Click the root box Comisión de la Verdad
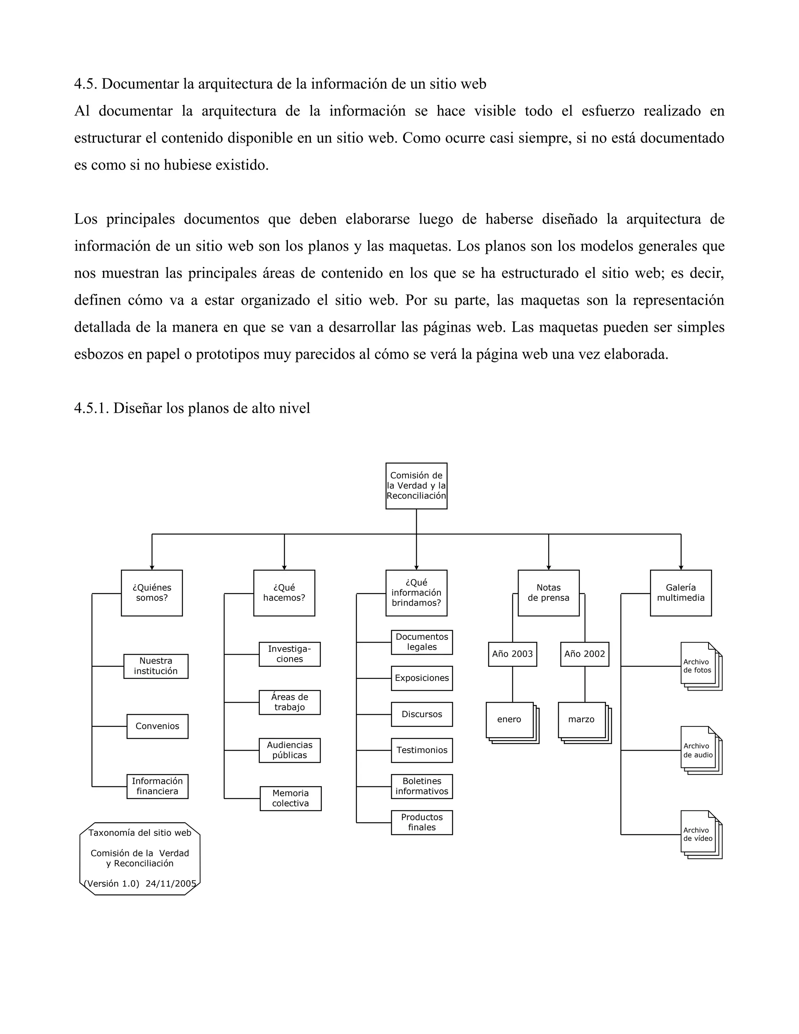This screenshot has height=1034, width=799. pyautogui.click(x=416, y=486)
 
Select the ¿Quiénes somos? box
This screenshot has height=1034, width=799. pyautogui.click(x=151, y=593)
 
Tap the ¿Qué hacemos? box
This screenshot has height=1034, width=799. pyautogui.click(x=284, y=593)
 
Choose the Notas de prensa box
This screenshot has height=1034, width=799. pyautogui.click(x=548, y=593)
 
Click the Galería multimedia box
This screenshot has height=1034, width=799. pyautogui.click(x=680, y=593)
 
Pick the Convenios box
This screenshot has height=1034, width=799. pyautogui.click(x=157, y=726)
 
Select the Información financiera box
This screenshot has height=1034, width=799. pyautogui.click(x=157, y=786)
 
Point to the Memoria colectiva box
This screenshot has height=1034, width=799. pyautogui.click(x=290, y=798)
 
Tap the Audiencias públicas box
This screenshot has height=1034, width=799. pyautogui.click(x=289, y=750)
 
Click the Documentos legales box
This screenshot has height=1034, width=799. pyautogui.click(x=422, y=642)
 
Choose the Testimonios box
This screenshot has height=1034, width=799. pyautogui.click(x=422, y=750)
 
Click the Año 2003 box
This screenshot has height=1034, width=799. pyautogui.click(x=512, y=654)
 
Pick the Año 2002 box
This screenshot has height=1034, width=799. pyautogui.click(x=584, y=654)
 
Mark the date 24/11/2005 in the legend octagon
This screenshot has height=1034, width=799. pyautogui.click(x=171, y=883)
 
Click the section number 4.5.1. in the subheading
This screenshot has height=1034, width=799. pyautogui.click(x=91, y=408)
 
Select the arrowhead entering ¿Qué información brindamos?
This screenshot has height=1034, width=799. pyautogui.click(x=416, y=567)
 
